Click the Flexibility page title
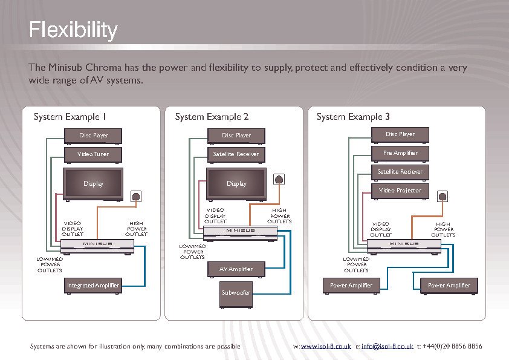pyautogui.click(x=73, y=30)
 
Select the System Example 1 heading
pyautogui.click(x=70, y=116)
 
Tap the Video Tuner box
pyautogui.click(x=94, y=154)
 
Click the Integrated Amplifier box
pyautogui.click(x=94, y=285)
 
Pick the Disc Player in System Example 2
pyautogui.click(x=236, y=136)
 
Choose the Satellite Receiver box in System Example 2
pyautogui.click(x=236, y=154)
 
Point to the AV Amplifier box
pyautogui.click(x=236, y=269)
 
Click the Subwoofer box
pyautogui.click(x=236, y=293)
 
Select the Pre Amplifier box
pyautogui.click(x=400, y=153)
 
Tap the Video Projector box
pyautogui.click(x=400, y=191)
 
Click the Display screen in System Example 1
pyautogui.click(x=94, y=184)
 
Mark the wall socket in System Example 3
pyautogui.click(x=443, y=197)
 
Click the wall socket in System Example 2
pyautogui.click(x=279, y=179)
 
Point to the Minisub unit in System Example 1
pyautogui.click(x=94, y=244)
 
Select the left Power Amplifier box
pyautogui.click(x=351, y=285)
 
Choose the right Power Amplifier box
pyautogui.click(x=449, y=285)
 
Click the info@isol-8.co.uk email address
pyautogui.click(x=387, y=347)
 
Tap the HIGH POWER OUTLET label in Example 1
pyautogui.click(x=136, y=229)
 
